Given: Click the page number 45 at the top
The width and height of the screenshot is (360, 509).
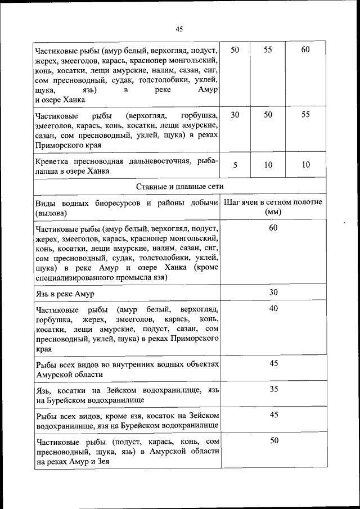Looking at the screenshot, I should (179, 29).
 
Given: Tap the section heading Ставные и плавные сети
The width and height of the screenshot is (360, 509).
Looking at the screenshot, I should (179, 186).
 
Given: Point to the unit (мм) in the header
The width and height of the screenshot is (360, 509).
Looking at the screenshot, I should (273, 213).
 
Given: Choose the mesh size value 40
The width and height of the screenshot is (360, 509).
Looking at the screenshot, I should (273, 308).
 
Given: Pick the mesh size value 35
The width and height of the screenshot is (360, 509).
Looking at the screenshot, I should (273, 389).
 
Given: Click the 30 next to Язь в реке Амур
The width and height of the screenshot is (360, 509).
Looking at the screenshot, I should (273, 292).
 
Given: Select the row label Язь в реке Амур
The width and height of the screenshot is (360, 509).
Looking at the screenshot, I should (65, 294).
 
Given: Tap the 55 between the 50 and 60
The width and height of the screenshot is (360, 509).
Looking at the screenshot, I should (268, 49).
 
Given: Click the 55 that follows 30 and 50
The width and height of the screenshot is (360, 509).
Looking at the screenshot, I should (305, 114).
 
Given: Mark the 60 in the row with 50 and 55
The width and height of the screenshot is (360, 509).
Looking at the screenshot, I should (305, 49).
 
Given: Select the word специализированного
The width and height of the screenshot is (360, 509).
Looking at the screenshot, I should (72, 277).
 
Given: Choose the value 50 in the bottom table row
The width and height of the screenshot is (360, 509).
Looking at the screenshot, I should (273, 440).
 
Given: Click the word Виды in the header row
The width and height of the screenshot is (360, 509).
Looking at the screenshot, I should (46, 202).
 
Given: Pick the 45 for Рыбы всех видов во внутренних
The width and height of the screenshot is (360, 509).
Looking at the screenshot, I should (273, 363).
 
